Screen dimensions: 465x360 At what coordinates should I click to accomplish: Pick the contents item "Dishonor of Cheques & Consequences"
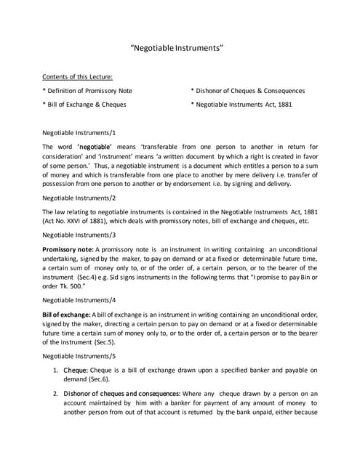click(247, 91)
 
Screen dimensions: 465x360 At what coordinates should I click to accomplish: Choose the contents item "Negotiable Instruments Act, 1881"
click(243, 105)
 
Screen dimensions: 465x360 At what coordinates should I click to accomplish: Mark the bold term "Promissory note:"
click(69, 250)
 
